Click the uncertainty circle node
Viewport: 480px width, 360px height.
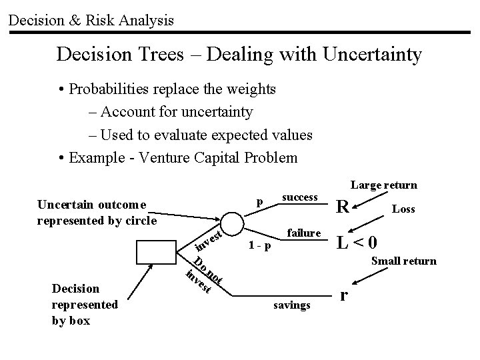[x=233, y=222]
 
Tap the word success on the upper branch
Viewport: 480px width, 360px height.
[x=300, y=197]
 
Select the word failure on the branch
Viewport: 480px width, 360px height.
[x=304, y=233]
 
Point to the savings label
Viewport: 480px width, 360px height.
[x=292, y=305]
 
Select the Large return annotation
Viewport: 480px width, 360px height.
[x=383, y=185]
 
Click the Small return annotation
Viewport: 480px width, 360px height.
[x=404, y=261]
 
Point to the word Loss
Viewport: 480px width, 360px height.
[x=403, y=209]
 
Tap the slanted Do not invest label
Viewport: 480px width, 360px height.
[x=202, y=274]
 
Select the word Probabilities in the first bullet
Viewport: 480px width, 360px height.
[x=108, y=89]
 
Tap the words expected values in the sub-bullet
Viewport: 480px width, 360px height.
[x=261, y=135]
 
